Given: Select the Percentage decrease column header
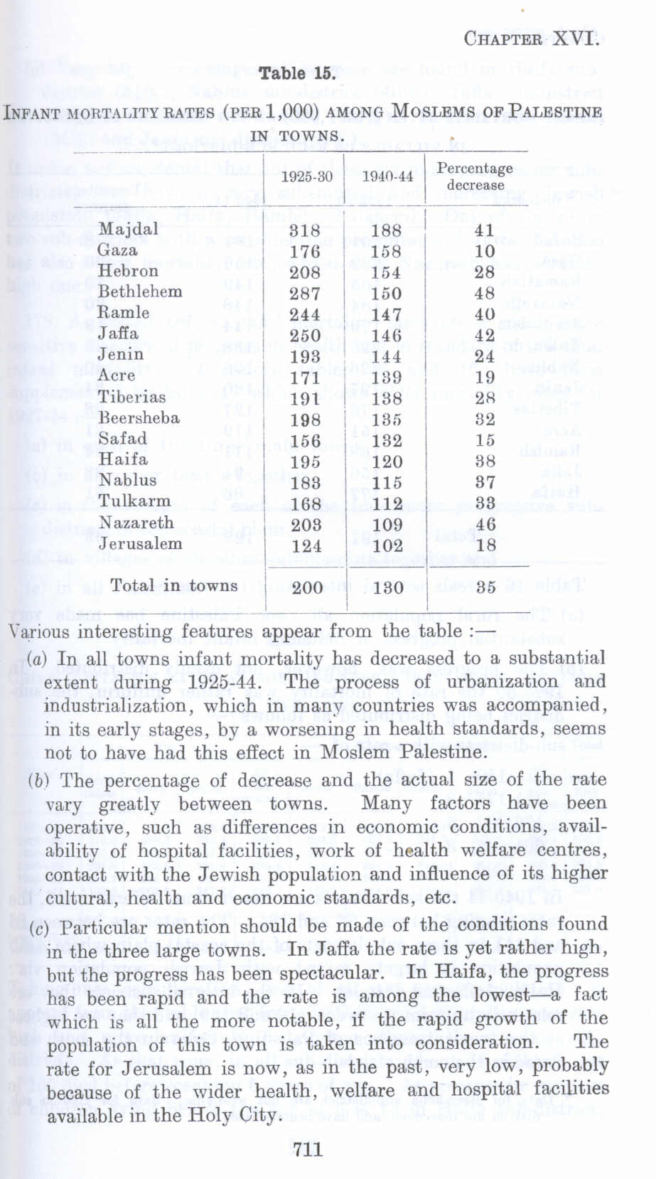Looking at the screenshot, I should (x=475, y=176).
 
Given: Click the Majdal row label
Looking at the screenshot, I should (x=128, y=229).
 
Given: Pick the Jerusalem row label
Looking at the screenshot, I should (x=140, y=543).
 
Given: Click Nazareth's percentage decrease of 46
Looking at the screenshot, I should (x=485, y=526).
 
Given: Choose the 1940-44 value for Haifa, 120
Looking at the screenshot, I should (x=387, y=462).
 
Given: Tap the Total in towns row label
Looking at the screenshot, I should (x=173, y=585).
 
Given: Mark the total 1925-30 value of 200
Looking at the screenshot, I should (x=307, y=587).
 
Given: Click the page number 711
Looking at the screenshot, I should (x=307, y=1148).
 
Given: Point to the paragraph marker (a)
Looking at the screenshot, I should (x=37, y=658).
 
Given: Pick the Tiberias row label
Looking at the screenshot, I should (x=131, y=397).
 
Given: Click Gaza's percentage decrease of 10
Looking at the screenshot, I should (x=485, y=252).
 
